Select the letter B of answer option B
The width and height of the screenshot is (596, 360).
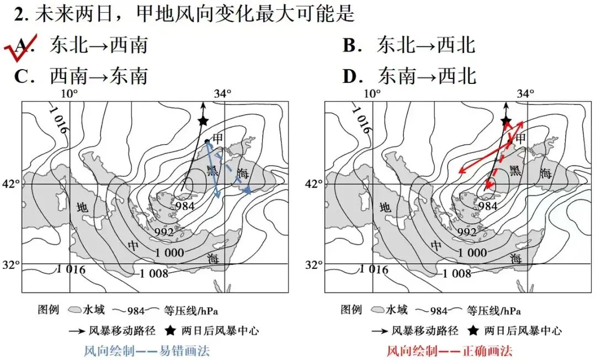point(350,46)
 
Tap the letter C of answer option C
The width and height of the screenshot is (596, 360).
point(22,76)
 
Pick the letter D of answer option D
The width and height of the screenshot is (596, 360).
point(350,76)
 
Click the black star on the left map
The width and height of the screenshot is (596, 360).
point(203,121)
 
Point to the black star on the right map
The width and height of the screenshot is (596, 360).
point(506,121)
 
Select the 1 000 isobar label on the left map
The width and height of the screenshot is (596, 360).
point(169,252)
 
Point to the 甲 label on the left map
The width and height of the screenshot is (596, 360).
point(218,137)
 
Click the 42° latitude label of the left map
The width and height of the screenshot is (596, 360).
point(12,184)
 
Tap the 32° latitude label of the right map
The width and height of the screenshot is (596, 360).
point(315,264)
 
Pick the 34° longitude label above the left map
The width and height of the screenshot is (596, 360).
point(222,93)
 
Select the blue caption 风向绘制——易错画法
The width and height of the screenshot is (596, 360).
point(147,350)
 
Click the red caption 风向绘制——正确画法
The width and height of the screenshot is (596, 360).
point(450,350)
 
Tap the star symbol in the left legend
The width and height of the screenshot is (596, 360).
point(171,330)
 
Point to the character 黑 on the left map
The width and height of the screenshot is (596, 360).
point(212,170)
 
